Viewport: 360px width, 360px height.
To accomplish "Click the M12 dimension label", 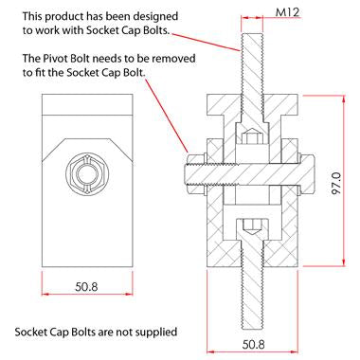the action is (287, 12).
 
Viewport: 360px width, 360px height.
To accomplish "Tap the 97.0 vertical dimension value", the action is (336, 183).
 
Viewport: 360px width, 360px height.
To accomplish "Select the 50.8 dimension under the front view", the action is (86, 286).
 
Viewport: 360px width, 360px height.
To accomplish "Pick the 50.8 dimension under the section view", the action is (253, 344).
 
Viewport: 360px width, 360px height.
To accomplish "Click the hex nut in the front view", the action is (87, 173).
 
